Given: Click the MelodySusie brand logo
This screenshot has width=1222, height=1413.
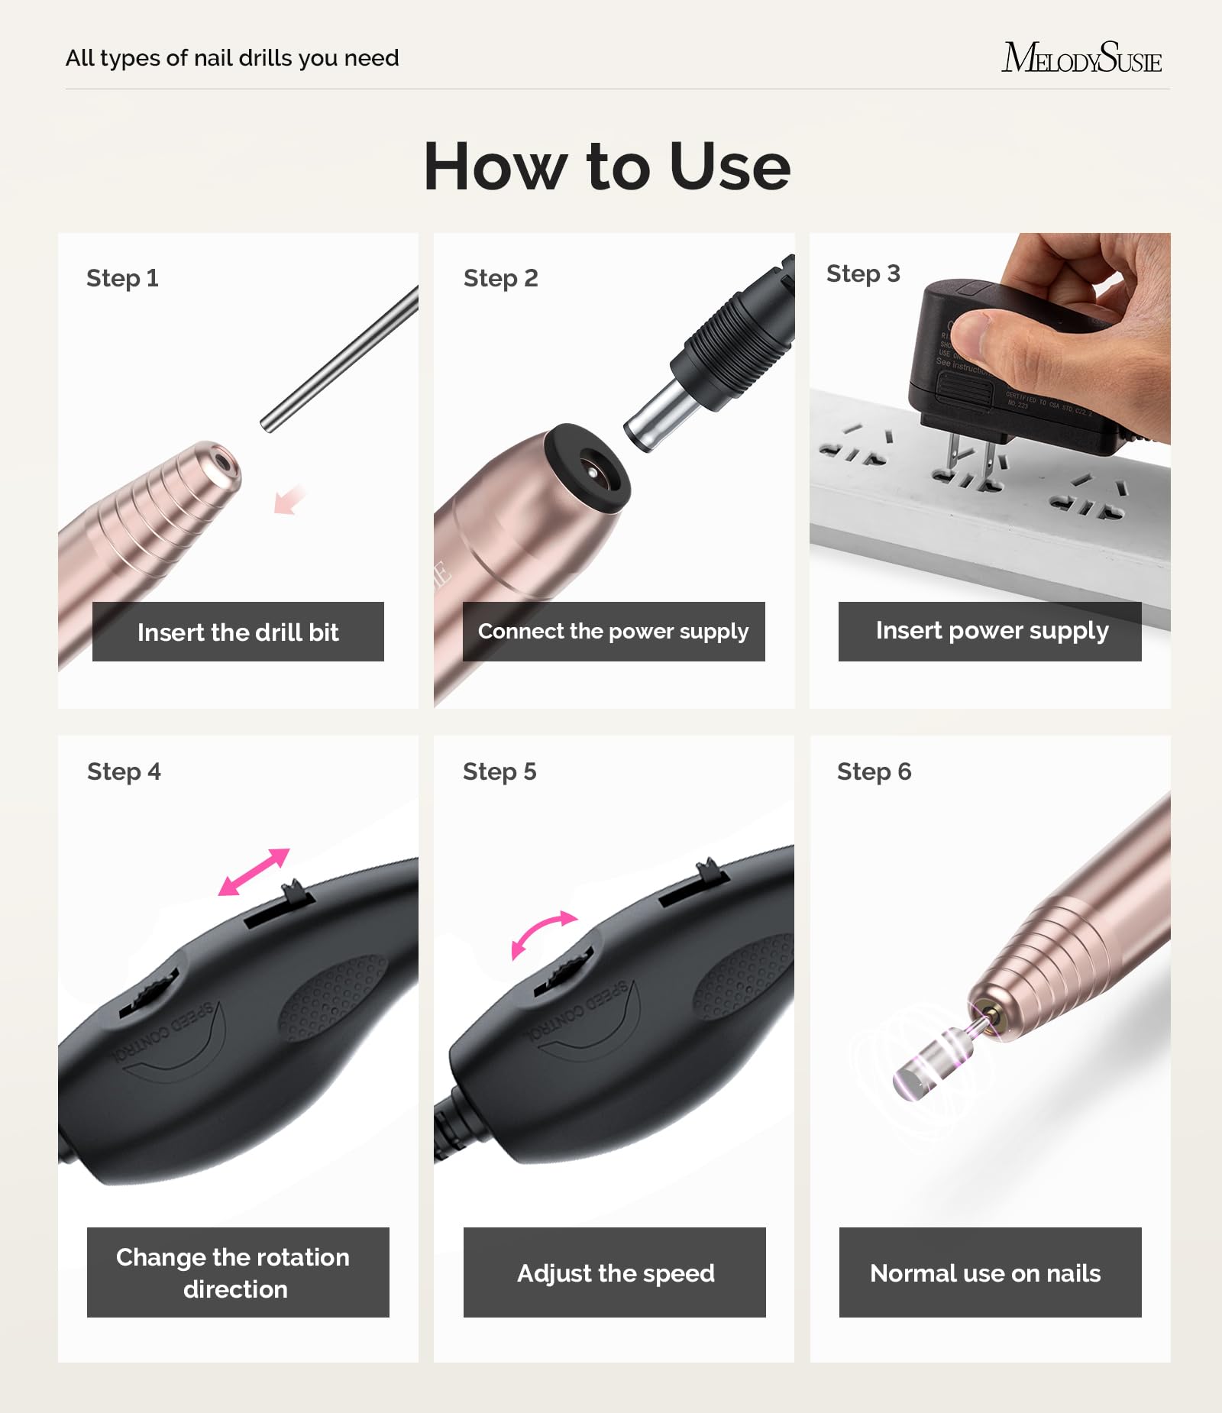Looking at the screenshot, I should pyautogui.click(x=1081, y=58).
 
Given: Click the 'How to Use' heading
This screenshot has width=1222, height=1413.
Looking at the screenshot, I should pyautogui.click(x=607, y=167).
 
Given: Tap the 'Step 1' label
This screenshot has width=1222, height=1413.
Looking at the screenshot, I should pyautogui.click(x=122, y=278).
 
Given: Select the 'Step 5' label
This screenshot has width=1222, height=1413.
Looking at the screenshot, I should pyautogui.click(x=499, y=771).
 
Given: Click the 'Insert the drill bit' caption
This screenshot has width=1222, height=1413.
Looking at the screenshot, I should pyautogui.click(x=238, y=632).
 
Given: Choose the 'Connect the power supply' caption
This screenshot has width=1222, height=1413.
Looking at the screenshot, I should pyautogui.click(x=613, y=632).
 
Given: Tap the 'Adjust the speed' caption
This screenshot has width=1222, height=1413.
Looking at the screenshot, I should pyautogui.click(x=615, y=1272).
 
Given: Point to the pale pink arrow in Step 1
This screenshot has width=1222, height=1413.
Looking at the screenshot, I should pyautogui.click(x=289, y=501).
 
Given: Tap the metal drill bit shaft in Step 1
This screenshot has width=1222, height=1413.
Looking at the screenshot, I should pyautogui.click(x=340, y=359).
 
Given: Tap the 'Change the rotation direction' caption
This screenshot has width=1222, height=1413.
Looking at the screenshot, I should pyautogui.click(x=238, y=1272).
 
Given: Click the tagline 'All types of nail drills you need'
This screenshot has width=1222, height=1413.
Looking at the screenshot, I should pyautogui.click(x=232, y=58).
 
